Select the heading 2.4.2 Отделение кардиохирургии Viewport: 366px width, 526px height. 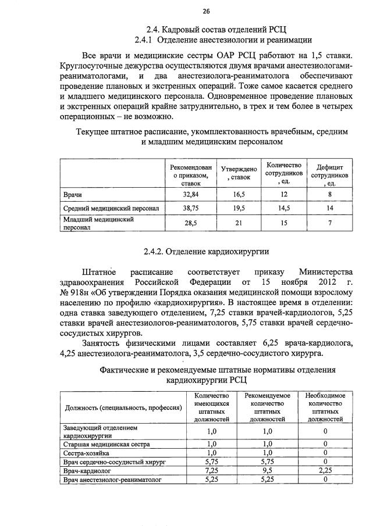click(x=206, y=252)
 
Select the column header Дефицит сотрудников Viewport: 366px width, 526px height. click(x=329, y=174)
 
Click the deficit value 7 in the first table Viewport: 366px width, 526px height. click(x=329, y=223)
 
